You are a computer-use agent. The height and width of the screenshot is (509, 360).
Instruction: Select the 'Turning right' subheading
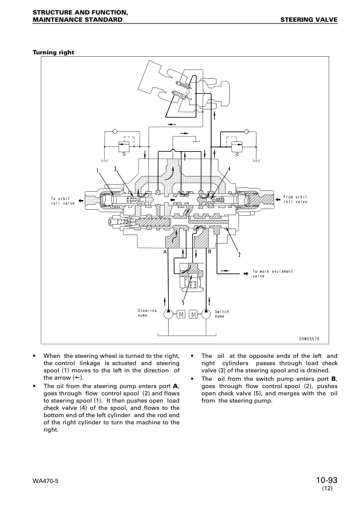pyautogui.click(x=53, y=53)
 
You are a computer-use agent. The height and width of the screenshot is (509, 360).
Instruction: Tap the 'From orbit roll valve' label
pyautogui.click(x=295, y=199)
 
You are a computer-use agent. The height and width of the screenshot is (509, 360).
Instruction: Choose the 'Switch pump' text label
pyautogui.click(x=222, y=314)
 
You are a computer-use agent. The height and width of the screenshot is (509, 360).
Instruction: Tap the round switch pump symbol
pyautogui.click(x=206, y=314)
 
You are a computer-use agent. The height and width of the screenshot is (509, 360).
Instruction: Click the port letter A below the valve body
pyautogui.click(x=165, y=252)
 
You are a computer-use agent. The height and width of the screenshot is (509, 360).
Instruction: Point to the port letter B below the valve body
pyautogui.click(x=209, y=252)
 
